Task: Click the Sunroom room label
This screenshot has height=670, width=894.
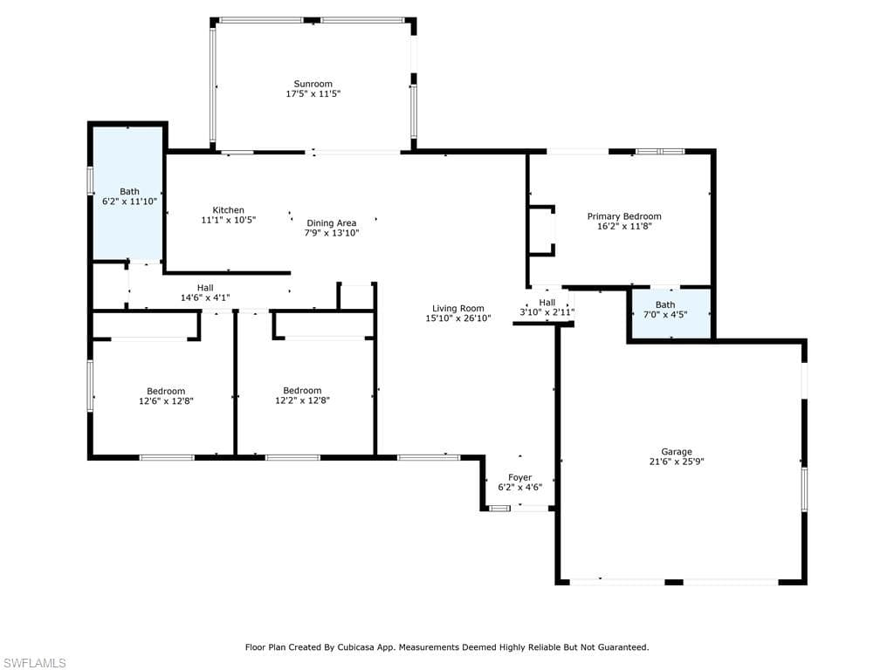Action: pos(313,84)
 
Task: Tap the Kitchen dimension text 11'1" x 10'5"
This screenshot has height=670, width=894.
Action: pos(229,220)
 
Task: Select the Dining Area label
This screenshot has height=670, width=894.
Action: pos(331,222)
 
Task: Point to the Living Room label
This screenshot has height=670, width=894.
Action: pos(457,308)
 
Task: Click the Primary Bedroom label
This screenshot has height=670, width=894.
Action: pos(624,216)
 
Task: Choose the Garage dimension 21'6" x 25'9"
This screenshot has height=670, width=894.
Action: pos(677,461)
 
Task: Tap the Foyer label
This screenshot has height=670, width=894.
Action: pos(520,477)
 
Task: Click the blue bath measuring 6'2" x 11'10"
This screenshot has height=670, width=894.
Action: pos(129,194)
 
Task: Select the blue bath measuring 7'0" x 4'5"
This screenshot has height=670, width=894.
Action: pos(670,313)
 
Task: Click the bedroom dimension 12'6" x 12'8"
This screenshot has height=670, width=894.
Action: pos(166,400)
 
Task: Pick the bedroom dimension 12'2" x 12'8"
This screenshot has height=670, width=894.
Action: pos(302,400)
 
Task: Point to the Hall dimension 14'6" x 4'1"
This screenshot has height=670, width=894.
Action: pos(205,297)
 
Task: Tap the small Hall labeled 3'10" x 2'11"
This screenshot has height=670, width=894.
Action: pos(547,308)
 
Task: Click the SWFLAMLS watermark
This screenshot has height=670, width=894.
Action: pos(33,663)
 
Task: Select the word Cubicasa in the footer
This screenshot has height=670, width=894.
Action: pos(356,647)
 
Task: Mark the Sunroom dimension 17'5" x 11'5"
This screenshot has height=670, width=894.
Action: pos(313,93)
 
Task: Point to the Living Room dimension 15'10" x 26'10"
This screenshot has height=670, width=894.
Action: pos(457,318)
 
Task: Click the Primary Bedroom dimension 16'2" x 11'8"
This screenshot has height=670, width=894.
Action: pos(624,226)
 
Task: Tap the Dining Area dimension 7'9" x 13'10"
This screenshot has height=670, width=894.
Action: pos(331,232)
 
